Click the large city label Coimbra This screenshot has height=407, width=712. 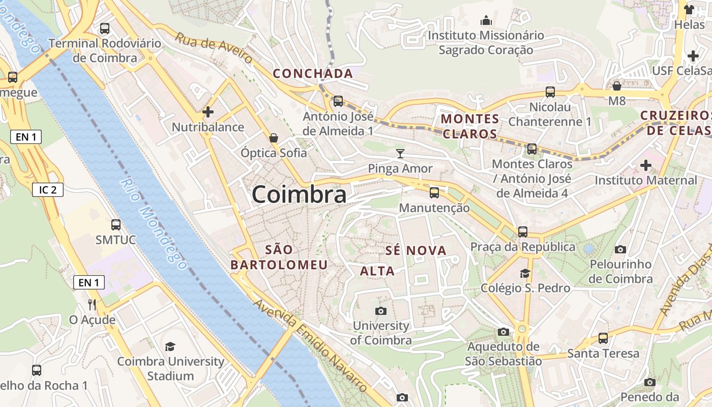click(299, 194)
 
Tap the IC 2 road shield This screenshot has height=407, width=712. click(48, 190)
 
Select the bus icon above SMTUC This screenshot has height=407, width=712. click(116, 224)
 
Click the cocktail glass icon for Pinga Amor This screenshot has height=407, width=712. click(401, 153)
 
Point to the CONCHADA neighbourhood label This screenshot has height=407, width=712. click(313, 74)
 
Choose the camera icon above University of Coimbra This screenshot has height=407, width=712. click(380, 311)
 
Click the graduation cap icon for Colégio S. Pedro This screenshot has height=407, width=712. click(525, 274)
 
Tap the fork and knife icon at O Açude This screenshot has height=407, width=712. click(92, 304)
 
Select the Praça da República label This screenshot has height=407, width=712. click(523, 247)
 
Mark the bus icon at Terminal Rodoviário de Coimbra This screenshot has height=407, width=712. click(105, 28)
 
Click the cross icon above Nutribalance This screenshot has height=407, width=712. click(207, 111)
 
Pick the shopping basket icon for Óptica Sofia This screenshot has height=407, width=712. click(274, 138)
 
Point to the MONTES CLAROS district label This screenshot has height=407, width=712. click(470, 126)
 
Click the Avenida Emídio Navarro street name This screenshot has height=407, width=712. click(310, 346)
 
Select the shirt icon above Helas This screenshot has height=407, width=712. click(689, 9)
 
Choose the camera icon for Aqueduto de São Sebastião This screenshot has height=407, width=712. click(503, 332)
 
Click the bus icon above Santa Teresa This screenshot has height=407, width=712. click(603, 338)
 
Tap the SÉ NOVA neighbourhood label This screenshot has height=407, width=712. click(416, 250)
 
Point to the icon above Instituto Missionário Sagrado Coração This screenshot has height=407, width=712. click(486, 20)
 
